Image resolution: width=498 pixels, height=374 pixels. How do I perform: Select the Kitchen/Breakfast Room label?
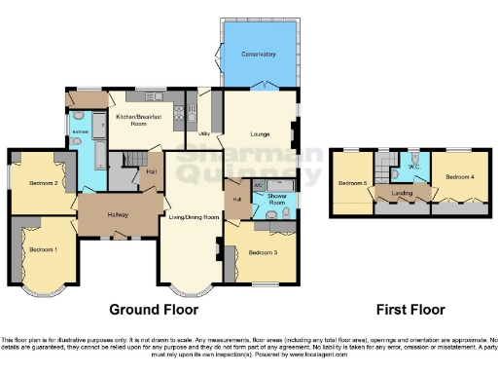[x=138, y=121]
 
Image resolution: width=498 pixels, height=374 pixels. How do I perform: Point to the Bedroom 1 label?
[x=43, y=250]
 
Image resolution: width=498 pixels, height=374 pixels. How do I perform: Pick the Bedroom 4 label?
[x=458, y=176]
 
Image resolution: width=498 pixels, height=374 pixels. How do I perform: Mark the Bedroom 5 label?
[x=351, y=182]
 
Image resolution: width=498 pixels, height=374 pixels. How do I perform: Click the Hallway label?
[x=118, y=214]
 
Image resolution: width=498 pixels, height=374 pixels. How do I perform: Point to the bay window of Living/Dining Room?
[x=188, y=289]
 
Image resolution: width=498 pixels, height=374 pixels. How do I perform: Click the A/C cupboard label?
[x=258, y=184]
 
